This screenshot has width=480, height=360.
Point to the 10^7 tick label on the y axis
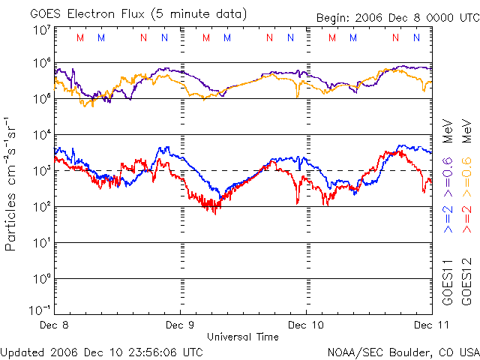tap(41, 29)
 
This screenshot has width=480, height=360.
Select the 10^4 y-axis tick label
tap(41, 135)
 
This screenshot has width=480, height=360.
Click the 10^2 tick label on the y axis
tap(41, 207)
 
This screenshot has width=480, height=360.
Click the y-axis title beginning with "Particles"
tap(10, 184)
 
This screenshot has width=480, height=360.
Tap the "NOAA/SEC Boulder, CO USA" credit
tap(403, 351)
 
